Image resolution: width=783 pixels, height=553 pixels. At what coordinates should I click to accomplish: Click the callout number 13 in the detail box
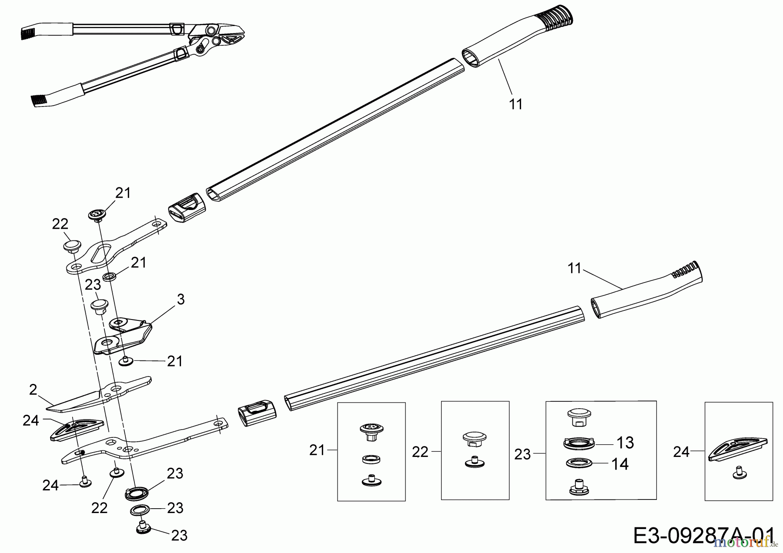point(625,443)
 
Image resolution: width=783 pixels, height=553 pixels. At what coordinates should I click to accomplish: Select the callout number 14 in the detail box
point(619,464)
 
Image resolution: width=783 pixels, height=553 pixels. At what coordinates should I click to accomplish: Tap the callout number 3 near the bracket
point(181,299)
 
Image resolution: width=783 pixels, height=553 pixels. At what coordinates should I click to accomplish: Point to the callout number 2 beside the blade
point(33,390)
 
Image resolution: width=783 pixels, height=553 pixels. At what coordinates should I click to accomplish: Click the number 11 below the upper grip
point(515,104)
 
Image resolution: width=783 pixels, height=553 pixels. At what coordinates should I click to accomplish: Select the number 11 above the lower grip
point(575,268)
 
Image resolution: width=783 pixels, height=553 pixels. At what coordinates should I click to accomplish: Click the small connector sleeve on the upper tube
point(187,208)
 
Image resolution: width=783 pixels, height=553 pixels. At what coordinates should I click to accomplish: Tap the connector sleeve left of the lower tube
point(258,411)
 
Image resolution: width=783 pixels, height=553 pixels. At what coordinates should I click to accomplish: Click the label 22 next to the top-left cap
point(60,224)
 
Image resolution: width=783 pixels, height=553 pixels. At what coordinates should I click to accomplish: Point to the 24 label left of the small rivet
point(50,485)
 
